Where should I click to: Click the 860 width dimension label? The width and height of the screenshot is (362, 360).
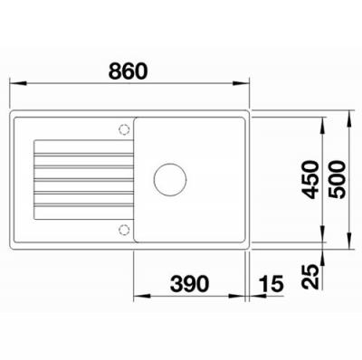pos(129,71)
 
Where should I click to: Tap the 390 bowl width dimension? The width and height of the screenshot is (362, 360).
pos(189,284)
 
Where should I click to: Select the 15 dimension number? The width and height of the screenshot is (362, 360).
pos(271,284)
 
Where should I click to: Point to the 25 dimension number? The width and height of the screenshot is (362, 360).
pos(311,277)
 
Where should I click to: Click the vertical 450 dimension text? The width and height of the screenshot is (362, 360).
pos(311,180)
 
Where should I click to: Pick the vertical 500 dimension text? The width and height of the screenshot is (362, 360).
pos(337,180)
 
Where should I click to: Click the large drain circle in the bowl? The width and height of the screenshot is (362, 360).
pos(170,180)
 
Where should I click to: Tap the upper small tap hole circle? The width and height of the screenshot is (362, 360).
pos(124,129)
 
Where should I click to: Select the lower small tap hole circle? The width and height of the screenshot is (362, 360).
pos(124,230)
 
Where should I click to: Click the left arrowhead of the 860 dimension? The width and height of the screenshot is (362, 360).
pos(17,83)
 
